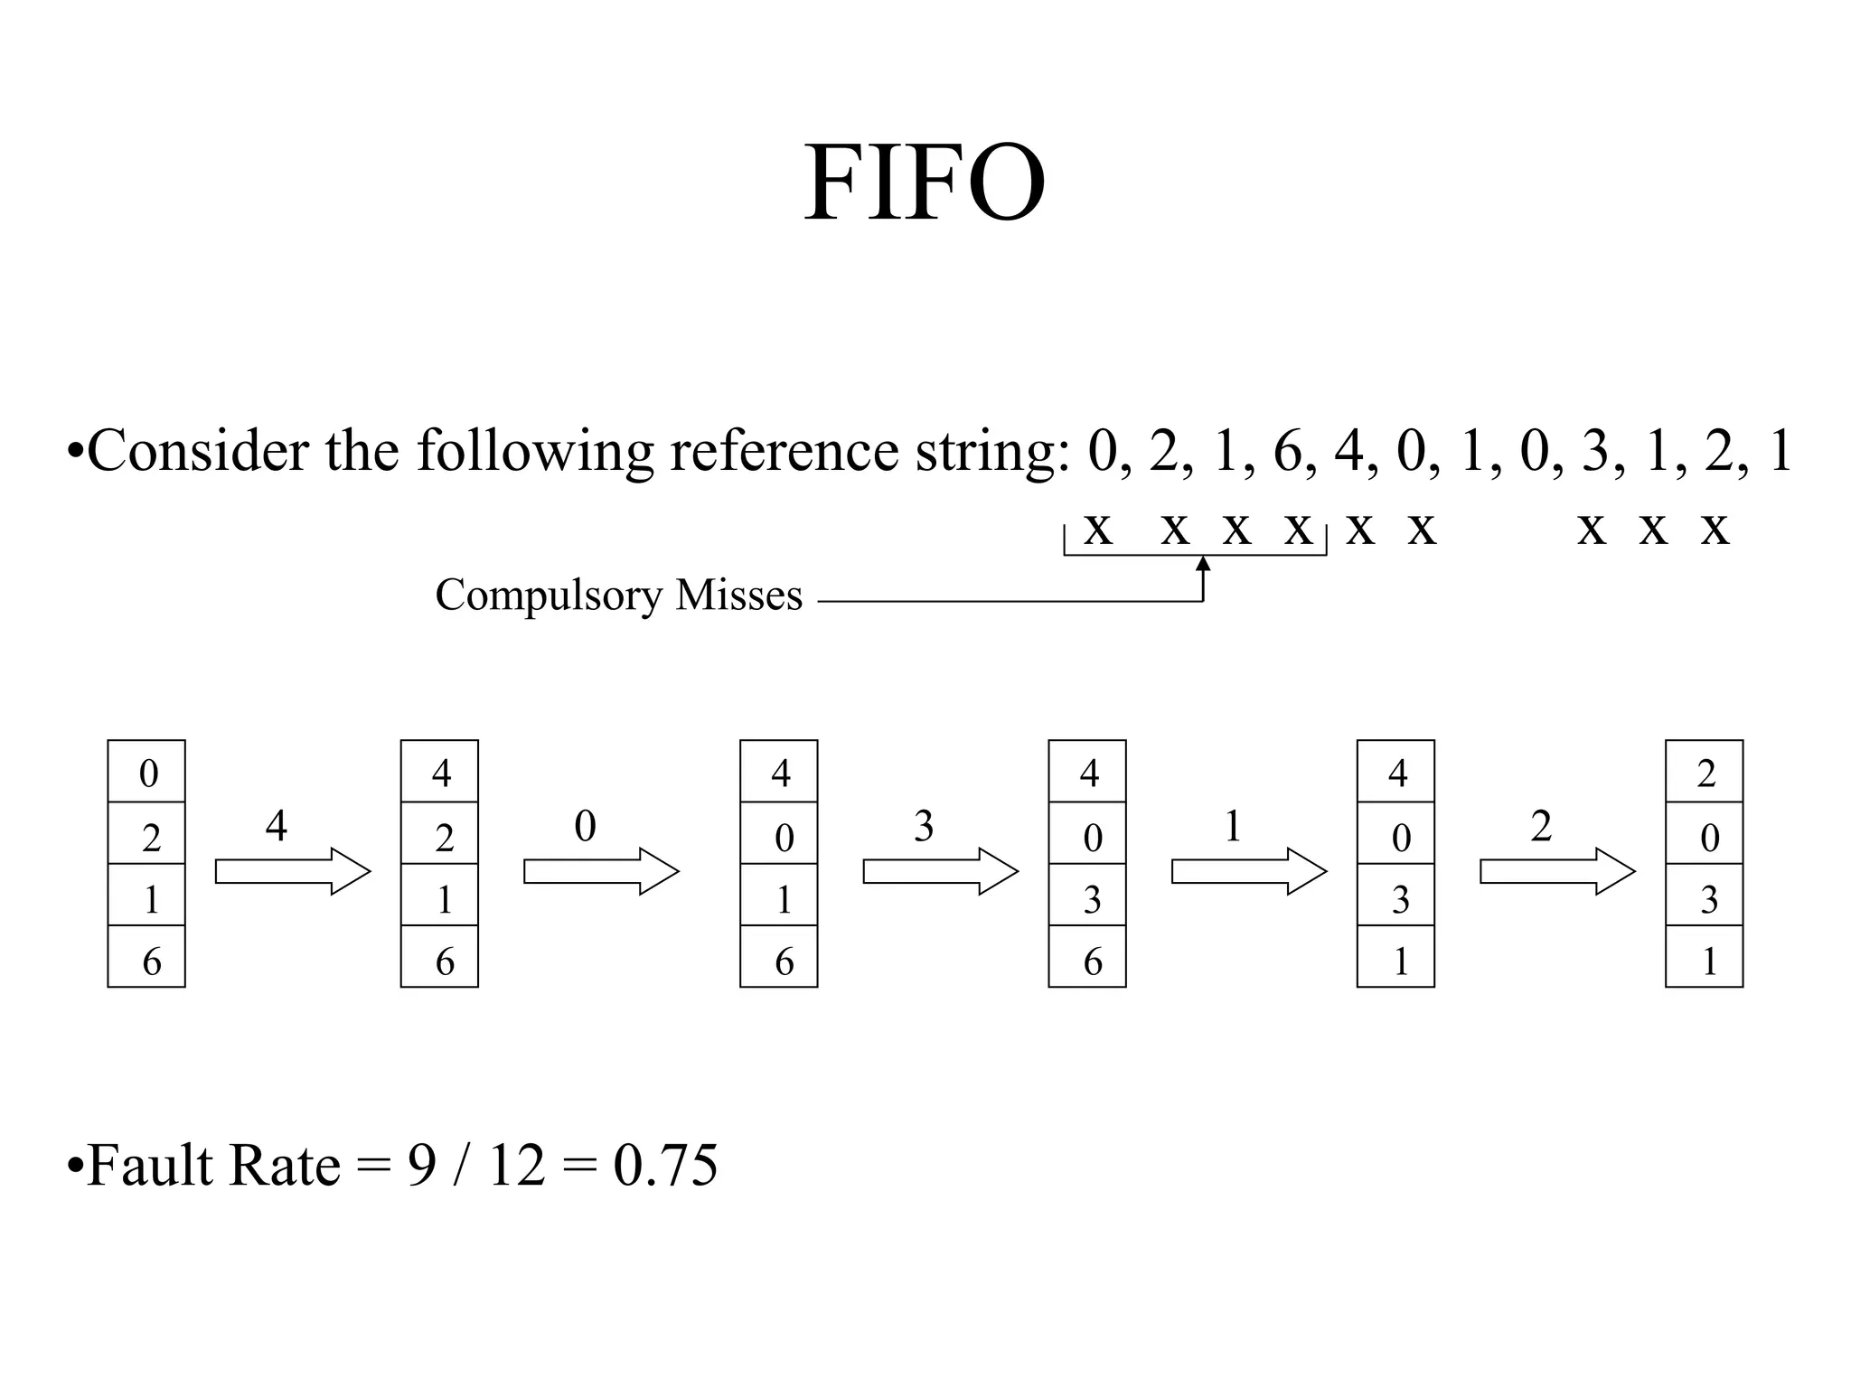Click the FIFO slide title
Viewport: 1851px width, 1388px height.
point(925,183)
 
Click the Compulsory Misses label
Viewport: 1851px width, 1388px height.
point(618,596)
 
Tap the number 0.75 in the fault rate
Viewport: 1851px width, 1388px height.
point(665,1165)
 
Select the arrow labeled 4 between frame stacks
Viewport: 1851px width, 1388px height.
point(293,871)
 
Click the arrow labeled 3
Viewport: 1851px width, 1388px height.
point(940,871)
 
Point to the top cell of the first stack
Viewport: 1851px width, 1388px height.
point(146,772)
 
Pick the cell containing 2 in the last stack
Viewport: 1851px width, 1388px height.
point(1704,772)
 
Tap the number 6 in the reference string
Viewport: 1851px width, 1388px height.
point(1287,451)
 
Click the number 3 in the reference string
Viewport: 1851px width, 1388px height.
point(1595,451)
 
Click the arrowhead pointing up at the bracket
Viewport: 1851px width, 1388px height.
point(1203,565)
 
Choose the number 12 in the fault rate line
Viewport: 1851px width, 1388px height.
point(517,1165)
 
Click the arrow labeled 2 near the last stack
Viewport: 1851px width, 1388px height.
point(1557,871)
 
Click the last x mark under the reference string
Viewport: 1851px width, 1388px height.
point(1715,530)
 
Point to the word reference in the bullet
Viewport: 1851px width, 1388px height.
point(784,451)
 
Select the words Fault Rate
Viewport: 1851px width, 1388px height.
point(213,1165)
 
